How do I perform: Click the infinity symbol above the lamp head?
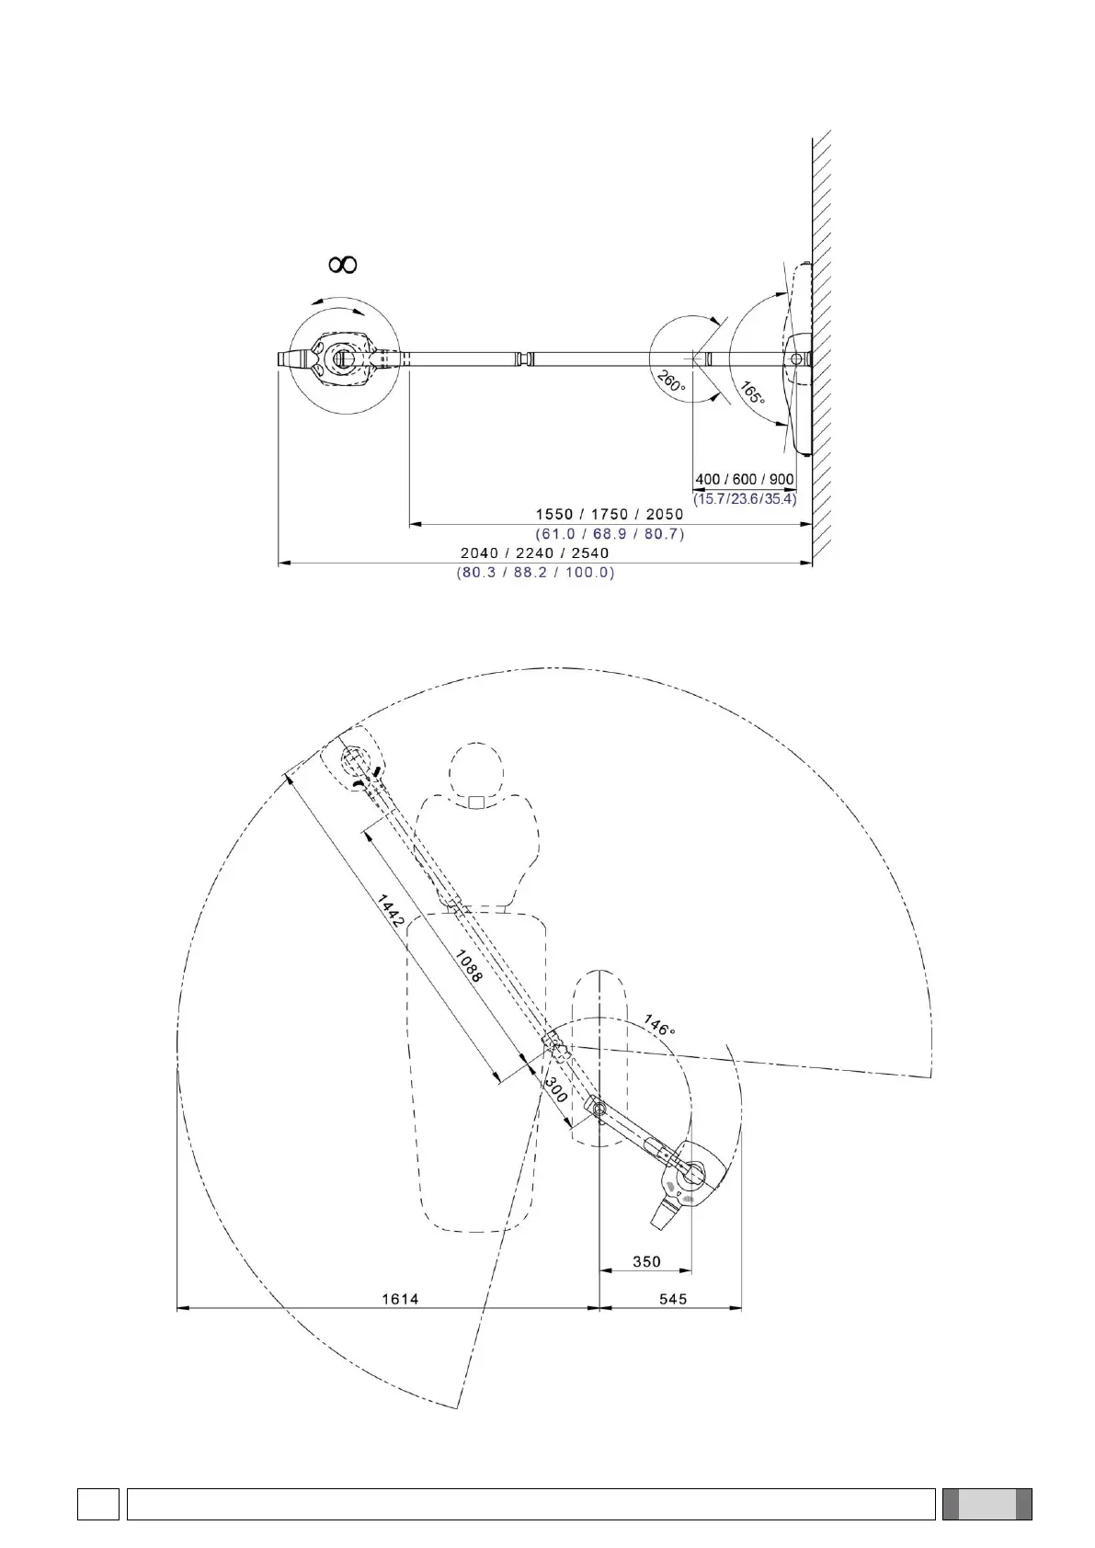[342, 264]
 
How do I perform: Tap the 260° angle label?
[670, 381]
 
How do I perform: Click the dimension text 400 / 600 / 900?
[745, 479]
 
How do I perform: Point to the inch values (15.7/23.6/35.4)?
[745, 498]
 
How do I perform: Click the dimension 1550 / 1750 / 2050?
[610, 514]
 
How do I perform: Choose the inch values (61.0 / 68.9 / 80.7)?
[610, 533]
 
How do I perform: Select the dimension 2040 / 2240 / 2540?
[535, 552]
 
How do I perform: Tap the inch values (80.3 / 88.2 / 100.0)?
[535, 572]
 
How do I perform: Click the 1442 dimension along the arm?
[390, 911]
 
